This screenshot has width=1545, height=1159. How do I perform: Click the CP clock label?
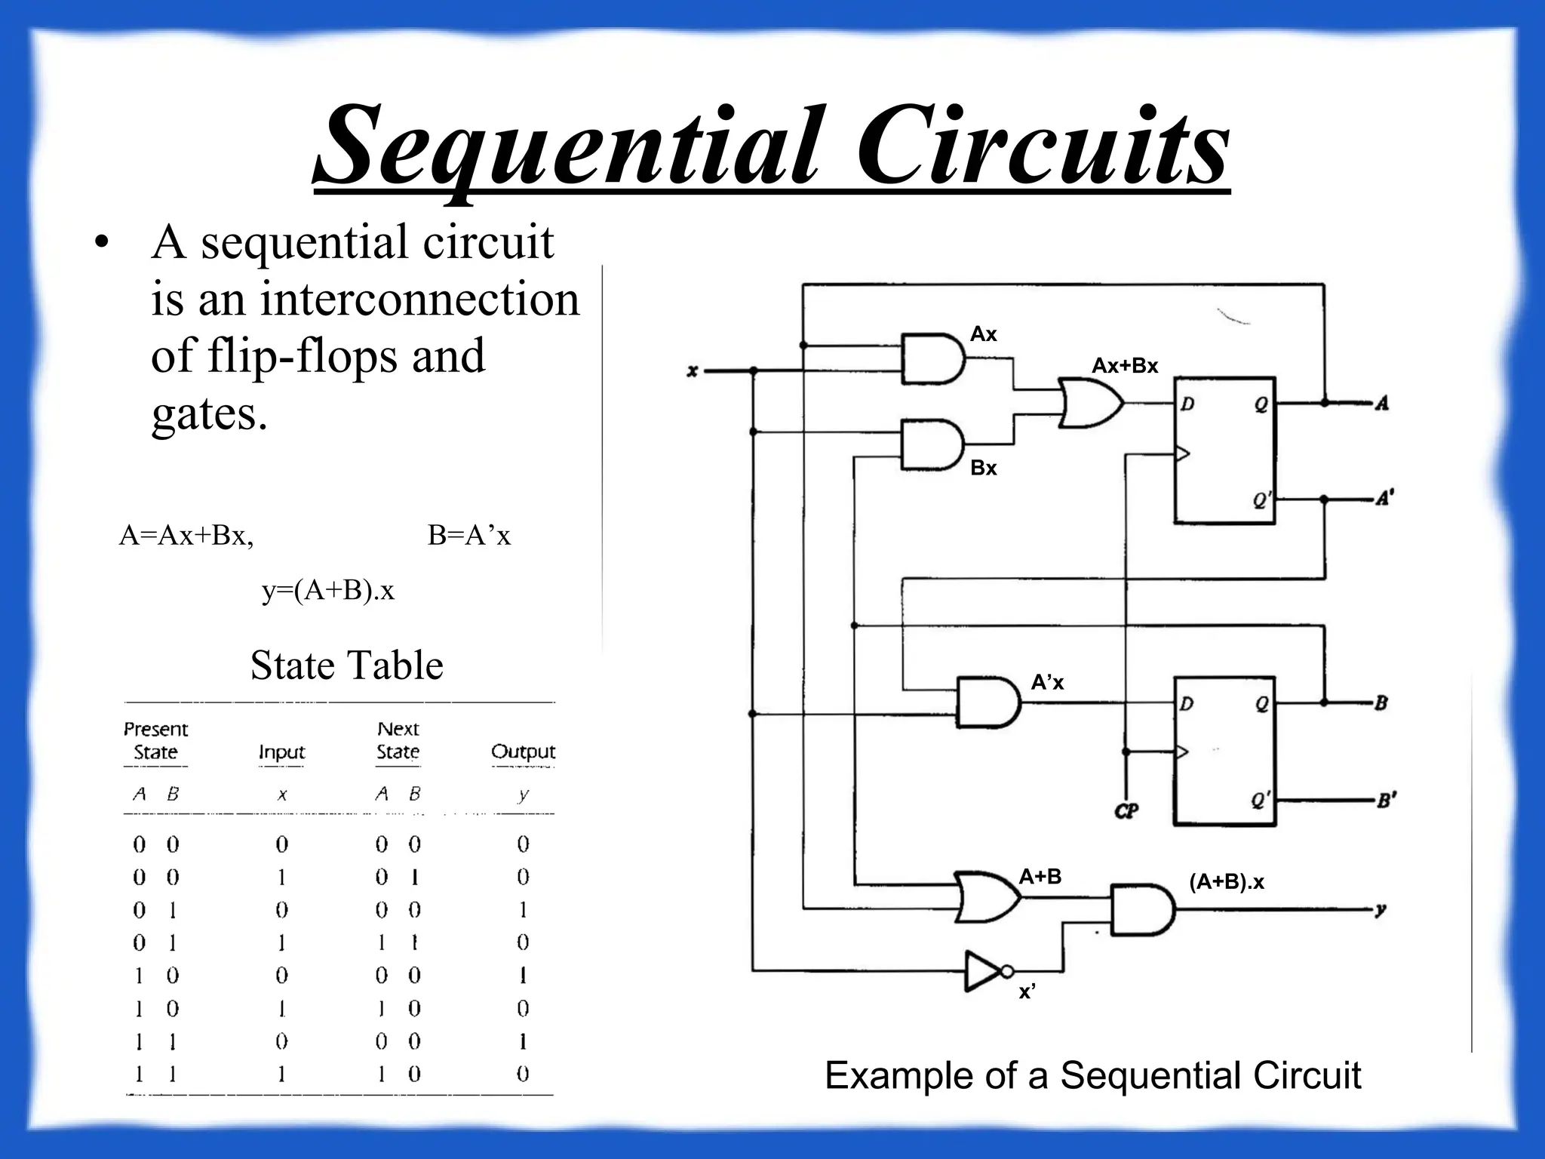[1126, 812]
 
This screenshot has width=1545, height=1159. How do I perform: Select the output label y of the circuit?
[1380, 910]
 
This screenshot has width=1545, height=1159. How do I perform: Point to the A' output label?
[1384, 498]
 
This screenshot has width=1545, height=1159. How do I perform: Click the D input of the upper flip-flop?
[1187, 404]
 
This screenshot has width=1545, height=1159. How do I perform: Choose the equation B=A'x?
[468, 536]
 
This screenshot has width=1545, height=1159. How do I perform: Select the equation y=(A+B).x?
[328, 590]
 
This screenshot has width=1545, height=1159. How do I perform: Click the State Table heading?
[346, 666]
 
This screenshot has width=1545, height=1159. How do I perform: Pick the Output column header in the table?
[523, 752]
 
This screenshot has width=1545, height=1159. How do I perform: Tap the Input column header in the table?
[281, 752]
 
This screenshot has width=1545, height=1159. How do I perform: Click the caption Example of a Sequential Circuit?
[1092, 1075]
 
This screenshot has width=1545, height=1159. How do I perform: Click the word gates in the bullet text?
[209, 413]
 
